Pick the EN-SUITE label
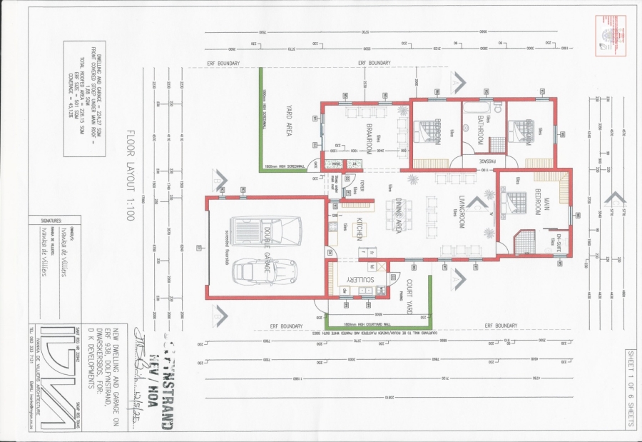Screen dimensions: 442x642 [x=560, y=239]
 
